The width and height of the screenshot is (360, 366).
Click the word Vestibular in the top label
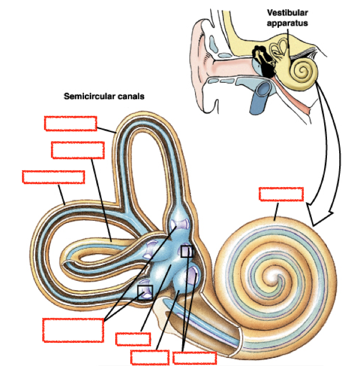pos(286,12)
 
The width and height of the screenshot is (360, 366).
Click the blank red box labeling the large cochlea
pos(281,193)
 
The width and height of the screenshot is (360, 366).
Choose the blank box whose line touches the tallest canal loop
pos(71,123)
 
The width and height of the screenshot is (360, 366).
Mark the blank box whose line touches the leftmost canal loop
pos(53,177)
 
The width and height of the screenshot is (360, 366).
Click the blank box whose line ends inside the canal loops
pos(77,149)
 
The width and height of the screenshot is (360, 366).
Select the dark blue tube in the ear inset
pos(258,97)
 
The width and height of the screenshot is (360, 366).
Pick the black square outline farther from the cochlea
pos(145,290)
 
